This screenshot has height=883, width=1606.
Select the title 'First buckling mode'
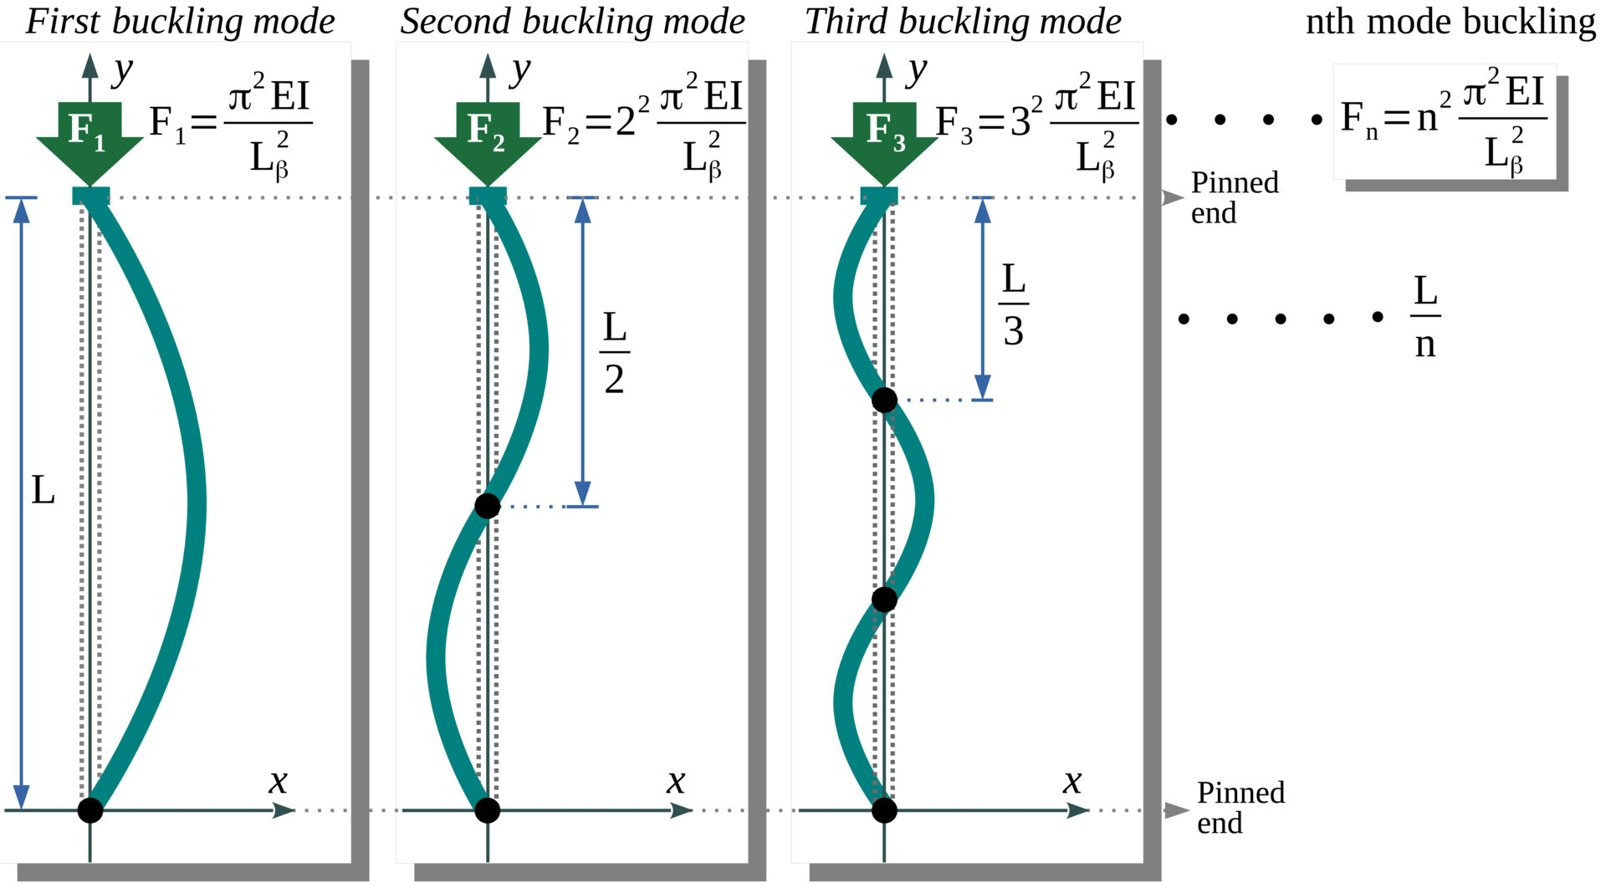[x=180, y=21]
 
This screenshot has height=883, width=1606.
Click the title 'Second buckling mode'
[x=572, y=21]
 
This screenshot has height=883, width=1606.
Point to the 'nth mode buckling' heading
[x=1450, y=21]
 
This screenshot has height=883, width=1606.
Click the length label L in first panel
[x=43, y=491]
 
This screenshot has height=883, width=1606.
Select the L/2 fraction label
[x=614, y=353]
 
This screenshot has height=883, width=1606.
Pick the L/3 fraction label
[x=1013, y=305]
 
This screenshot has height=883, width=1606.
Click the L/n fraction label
[x=1425, y=318]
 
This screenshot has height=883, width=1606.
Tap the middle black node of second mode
[x=487, y=506]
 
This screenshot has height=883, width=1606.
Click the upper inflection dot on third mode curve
[x=884, y=401]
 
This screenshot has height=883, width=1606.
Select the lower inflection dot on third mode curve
[x=884, y=600]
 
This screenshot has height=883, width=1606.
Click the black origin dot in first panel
[x=90, y=809]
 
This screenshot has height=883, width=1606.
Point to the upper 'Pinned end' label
[x=1235, y=197]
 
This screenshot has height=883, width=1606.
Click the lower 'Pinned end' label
[x=1240, y=808]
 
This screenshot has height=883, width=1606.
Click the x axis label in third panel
[x=1072, y=782]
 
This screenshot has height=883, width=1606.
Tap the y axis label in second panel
[x=521, y=70]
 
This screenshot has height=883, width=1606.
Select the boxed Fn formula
[x=1444, y=122]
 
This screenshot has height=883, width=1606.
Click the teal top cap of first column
[x=90, y=197]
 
